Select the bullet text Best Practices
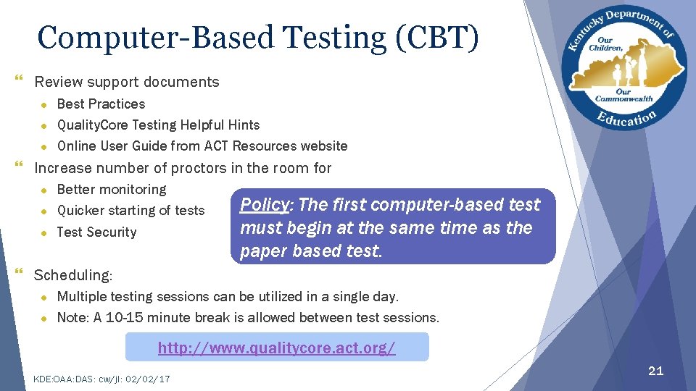tap(101, 104)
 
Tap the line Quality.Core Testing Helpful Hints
tap(158, 125)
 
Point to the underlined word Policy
tap(264, 205)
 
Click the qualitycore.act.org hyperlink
tap(276, 348)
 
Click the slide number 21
tap(655, 371)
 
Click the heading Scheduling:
tap(73, 275)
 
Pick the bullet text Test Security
tap(96, 232)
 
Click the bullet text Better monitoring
tap(112, 189)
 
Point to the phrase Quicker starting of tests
tap(130, 211)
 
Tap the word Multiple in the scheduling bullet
tap(81, 296)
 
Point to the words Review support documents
tap(127, 82)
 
